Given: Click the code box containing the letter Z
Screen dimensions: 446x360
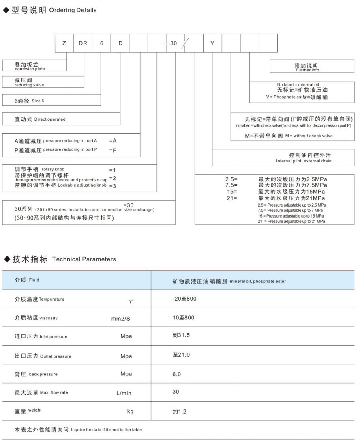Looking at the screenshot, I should [64, 43].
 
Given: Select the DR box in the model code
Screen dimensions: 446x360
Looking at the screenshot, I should [83, 43].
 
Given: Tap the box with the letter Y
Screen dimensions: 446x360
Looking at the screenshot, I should [212, 43].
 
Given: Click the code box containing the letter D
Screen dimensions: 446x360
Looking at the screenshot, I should [120, 43].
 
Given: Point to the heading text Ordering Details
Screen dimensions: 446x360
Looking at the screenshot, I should [73, 10].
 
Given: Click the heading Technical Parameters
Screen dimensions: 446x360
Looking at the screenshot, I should [84, 259].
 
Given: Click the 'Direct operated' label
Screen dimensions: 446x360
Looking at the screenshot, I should [50, 119].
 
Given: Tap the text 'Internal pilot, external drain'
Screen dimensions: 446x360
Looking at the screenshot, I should [304, 161].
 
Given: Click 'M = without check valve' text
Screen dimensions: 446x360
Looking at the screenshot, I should [309, 136].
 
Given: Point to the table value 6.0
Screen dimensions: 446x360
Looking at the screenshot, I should [177, 374].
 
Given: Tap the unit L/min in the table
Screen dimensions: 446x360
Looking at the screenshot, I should [124, 393].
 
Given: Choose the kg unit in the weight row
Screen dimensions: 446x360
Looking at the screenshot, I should [130, 412].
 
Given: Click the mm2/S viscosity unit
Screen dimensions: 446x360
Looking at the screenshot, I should [121, 318].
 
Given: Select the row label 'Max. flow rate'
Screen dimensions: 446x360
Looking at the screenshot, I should [54, 392].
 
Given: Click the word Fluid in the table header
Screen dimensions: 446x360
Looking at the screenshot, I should [34, 280].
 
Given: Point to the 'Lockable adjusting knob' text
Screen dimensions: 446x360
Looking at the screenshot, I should [82, 185].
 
